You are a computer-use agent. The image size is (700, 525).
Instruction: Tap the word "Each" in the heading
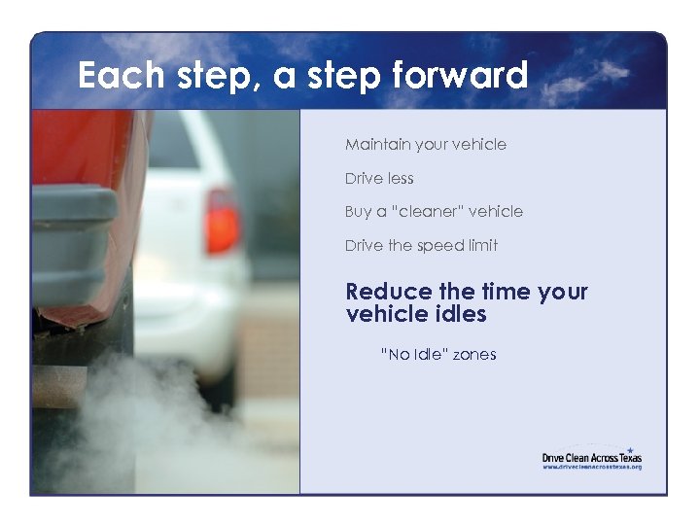(x=122, y=75)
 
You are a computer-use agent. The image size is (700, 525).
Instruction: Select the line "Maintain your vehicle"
(x=425, y=145)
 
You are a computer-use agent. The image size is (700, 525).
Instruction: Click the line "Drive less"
(x=379, y=179)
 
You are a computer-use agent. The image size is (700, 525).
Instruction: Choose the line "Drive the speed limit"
(x=421, y=246)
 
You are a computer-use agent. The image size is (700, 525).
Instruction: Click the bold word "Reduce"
(x=389, y=292)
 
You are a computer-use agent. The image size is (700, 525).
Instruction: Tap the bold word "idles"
(x=455, y=314)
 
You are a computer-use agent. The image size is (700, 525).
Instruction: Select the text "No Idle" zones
(x=437, y=355)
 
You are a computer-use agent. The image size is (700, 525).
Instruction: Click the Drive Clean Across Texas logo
(x=591, y=456)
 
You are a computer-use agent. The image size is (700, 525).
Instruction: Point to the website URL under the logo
(x=591, y=467)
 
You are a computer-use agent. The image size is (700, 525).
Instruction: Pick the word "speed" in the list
(x=439, y=246)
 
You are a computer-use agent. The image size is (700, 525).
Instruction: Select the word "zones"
(x=474, y=355)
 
